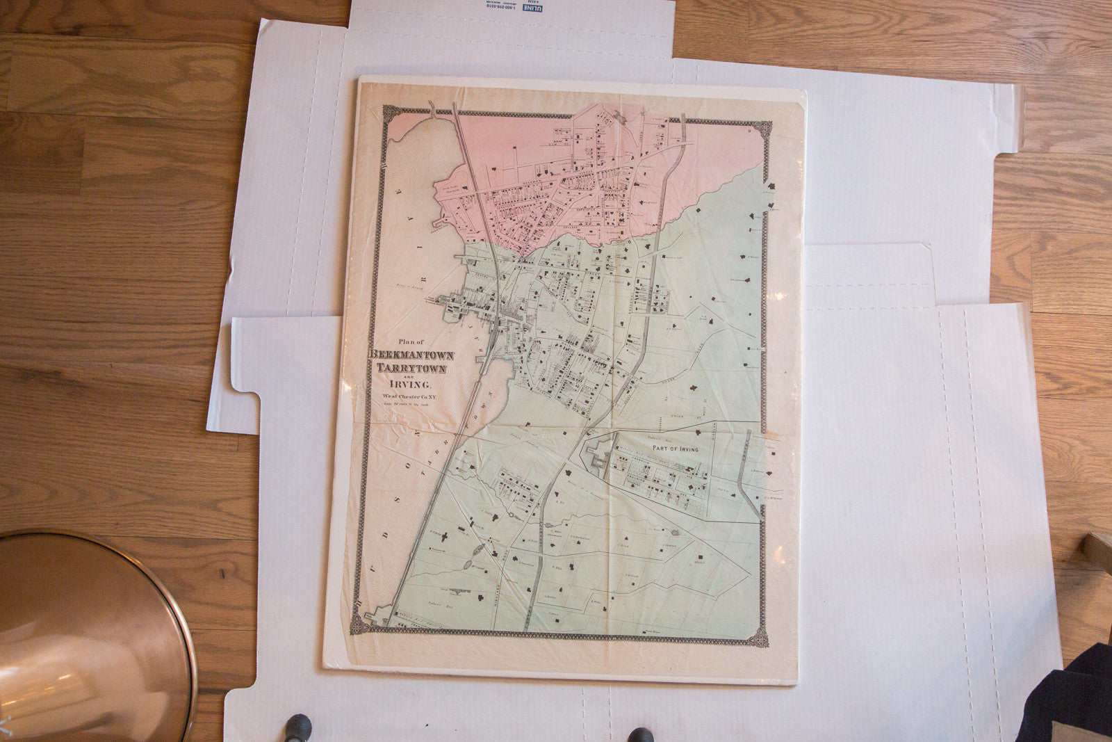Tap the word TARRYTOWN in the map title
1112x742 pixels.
[x=411, y=369]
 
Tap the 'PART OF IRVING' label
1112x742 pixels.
[x=674, y=449]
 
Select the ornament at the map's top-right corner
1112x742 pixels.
[x=764, y=129]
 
